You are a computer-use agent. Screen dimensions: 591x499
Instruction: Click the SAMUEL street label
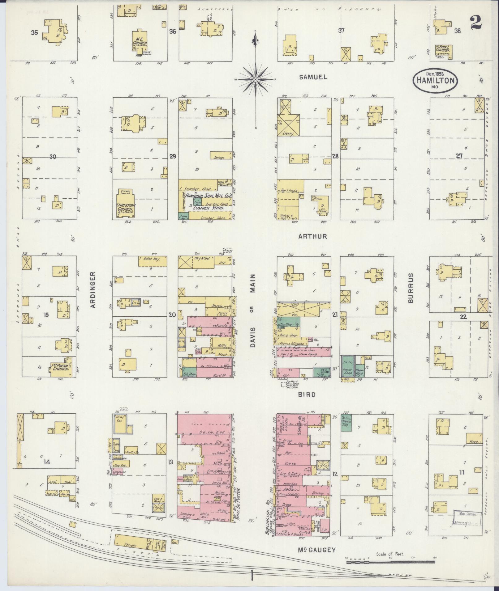tap(313, 77)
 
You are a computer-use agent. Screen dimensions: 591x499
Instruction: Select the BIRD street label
tap(307, 395)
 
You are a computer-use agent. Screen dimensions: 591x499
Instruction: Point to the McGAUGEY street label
tap(317, 550)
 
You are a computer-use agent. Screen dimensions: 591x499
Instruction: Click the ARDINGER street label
tap(93, 289)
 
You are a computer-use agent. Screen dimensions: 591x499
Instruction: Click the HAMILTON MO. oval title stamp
tap(435, 80)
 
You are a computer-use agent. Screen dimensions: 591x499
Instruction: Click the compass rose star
tap(256, 80)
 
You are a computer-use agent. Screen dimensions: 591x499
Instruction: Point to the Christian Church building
tap(125, 204)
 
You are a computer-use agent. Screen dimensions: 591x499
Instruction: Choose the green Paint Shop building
tap(347, 367)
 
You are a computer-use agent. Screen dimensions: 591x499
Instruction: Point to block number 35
tap(35, 32)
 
